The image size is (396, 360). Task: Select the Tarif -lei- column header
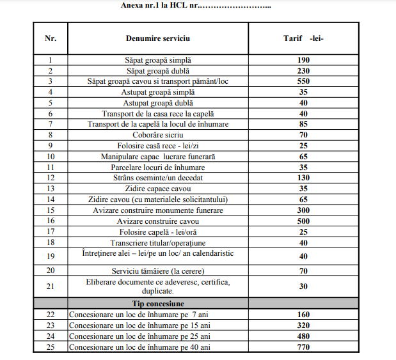click(x=303, y=38)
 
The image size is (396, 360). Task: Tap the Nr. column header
click(x=51, y=38)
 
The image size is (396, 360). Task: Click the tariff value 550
click(x=303, y=82)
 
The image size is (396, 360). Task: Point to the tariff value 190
click(x=303, y=60)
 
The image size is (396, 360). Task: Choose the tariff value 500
click(x=303, y=221)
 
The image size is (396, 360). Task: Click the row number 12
click(x=51, y=178)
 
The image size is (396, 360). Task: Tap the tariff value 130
click(x=303, y=178)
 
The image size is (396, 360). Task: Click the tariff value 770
click(x=303, y=347)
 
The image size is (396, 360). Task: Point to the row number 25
click(x=51, y=347)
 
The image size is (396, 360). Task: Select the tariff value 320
click(x=303, y=325)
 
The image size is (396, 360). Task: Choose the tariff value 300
click(x=303, y=210)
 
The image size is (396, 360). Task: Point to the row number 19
click(x=51, y=256)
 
